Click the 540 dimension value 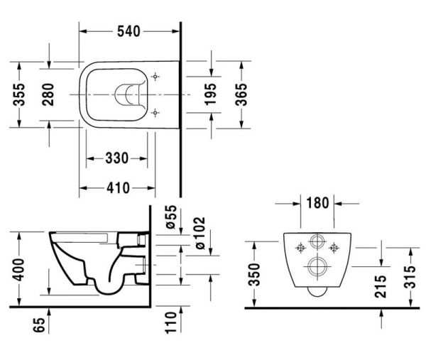click(128, 31)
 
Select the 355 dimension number click(21, 94)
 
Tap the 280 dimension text click(48, 94)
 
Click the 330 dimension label click(116, 158)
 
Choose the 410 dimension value click(116, 188)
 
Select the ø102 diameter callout click(200, 231)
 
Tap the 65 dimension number click(40, 326)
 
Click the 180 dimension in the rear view click(316, 203)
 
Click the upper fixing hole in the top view click(156, 76)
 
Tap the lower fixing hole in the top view click(156, 111)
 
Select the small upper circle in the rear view click(316, 240)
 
